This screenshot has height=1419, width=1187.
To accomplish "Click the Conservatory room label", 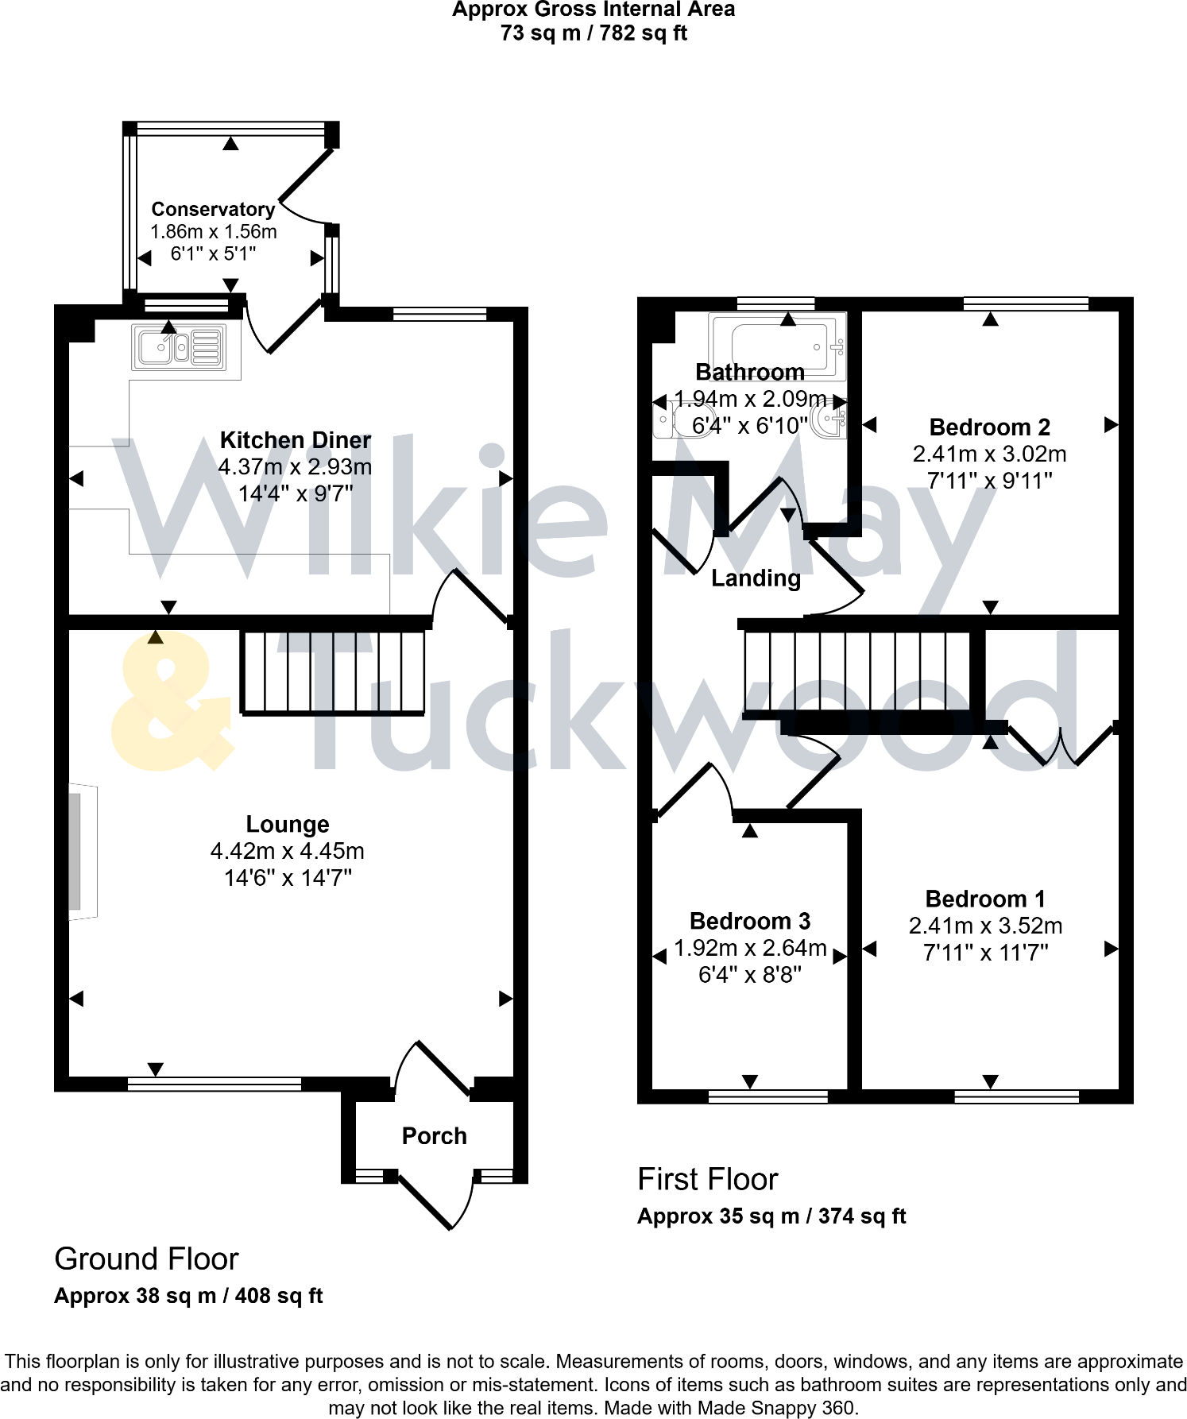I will [x=213, y=209].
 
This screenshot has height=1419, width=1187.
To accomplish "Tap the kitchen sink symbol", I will [x=180, y=347].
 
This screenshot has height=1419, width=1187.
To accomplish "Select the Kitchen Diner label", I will [x=296, y=440].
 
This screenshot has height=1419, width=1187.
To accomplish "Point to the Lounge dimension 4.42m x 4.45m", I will [x=287, y=851].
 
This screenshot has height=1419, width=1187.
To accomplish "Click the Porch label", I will [x=434, y=1136].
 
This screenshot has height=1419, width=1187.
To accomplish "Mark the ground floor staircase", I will [x=333, y=672].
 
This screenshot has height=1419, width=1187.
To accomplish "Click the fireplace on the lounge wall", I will [x=80, y=851].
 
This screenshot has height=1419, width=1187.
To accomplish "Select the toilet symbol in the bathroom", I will [x=672, y=419].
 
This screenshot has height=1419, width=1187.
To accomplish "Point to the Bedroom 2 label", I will [x=989, y=427].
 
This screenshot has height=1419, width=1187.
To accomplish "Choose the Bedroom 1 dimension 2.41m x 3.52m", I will [x=985, y=926].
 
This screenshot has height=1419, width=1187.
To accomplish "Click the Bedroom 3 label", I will [x=749, y=921].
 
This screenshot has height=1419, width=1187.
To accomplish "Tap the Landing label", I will [x=756, y=578].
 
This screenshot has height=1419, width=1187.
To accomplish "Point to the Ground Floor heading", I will [x=146, y=1259].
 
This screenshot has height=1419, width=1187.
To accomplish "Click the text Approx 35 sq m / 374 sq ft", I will [x=771, y=1216].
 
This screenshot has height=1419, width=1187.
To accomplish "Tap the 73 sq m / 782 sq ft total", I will [x=593, y=33].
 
